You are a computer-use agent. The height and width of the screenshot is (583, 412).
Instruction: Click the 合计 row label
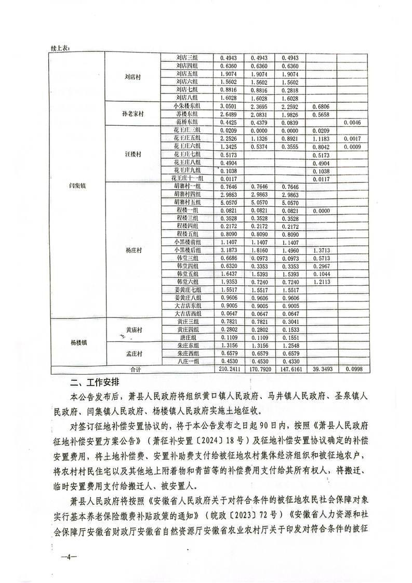click(x=136, y=369)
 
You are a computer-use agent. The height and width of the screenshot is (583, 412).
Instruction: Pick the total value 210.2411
click(x=230, y=369)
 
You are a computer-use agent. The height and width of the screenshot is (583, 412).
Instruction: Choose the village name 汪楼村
click(x=132, y=154)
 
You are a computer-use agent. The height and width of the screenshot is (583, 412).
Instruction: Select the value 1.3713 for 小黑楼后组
click(x=321, y=250)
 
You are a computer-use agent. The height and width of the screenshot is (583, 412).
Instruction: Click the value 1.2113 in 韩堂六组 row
click(x=321, y=281)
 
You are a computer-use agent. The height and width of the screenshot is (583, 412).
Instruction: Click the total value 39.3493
click(x=321, y=369)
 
